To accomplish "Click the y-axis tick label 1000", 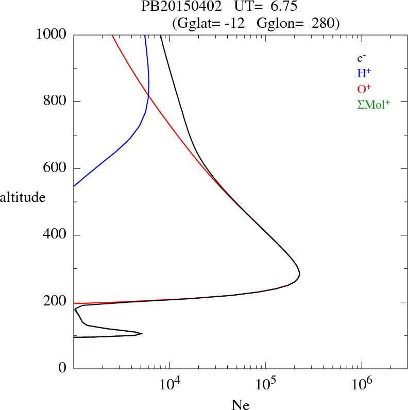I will pos(52,35).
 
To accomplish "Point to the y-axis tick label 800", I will pos(56,101).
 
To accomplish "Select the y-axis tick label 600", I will pos(56,168).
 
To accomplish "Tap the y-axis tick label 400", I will pos(56,235).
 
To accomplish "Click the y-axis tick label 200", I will pos(56,302).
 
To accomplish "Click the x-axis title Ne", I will pos(240,405).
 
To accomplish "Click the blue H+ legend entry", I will pos(365,73).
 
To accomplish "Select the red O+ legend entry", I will pos(365,89).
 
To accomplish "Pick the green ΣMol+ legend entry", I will pos(373,104).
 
